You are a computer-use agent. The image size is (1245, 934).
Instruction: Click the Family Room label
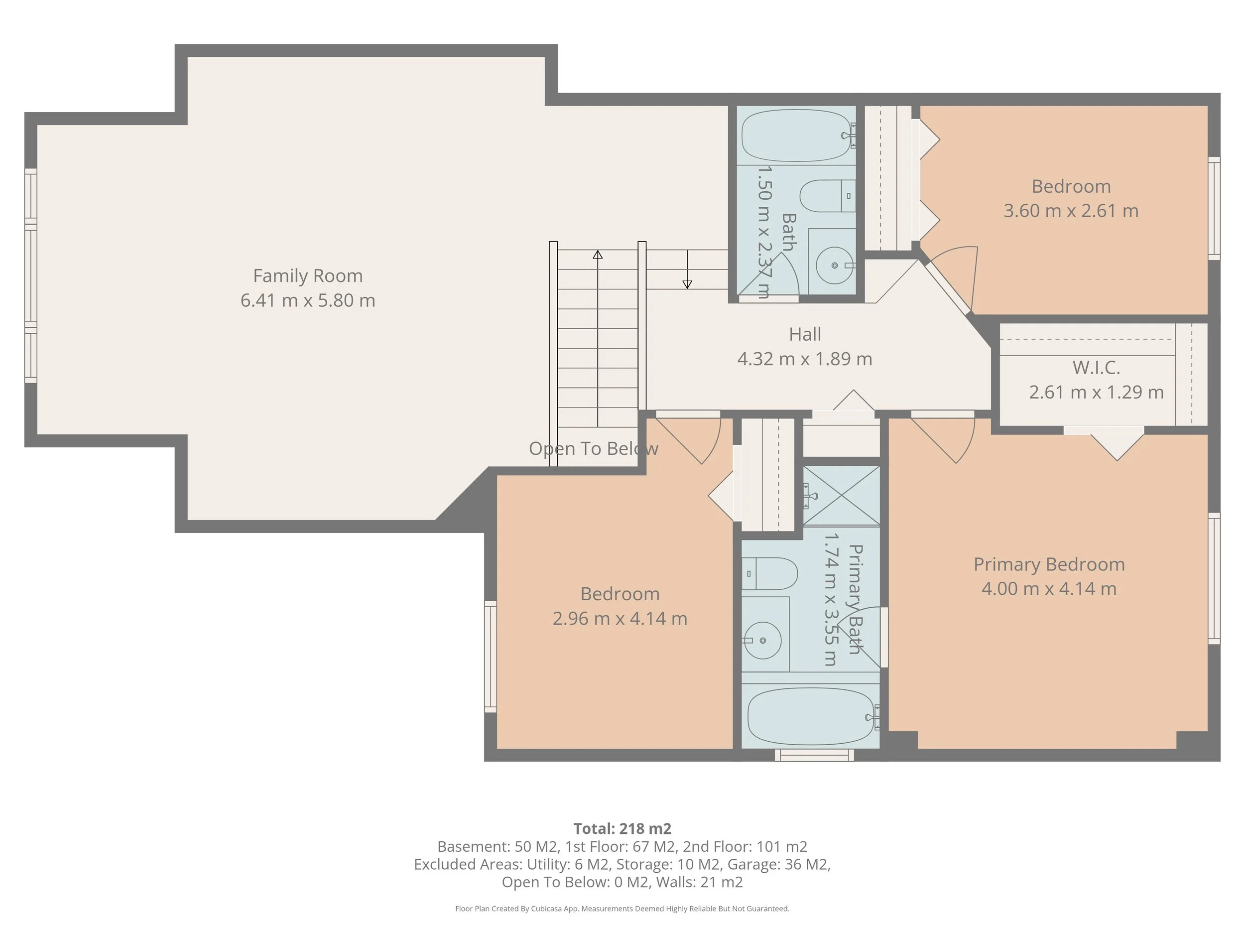[x=308, y=276]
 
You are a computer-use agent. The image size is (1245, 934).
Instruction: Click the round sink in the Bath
[x=834, y=265]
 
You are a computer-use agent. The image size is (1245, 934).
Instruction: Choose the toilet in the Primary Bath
[x=769, y=574]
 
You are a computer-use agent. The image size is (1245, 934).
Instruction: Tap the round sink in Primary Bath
[x=762, y=640]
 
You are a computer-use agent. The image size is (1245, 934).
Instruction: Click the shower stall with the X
[x=842, y=496]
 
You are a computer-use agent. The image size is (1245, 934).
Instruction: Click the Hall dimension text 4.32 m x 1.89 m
[x=805, y=359]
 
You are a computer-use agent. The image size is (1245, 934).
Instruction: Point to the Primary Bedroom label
[x=1049, y=564]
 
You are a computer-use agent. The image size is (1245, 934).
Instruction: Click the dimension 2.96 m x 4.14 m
[x=620, y=618]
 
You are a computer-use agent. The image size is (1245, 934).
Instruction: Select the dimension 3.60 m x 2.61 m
[x=1071, y=211]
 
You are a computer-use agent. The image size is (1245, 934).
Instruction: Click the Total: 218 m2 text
[x=622, y=829]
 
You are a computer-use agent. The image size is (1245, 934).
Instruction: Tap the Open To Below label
[x=593, y=449]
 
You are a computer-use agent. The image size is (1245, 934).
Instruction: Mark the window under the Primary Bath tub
[x=814, y=755]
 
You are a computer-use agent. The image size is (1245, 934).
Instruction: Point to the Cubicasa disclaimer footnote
[x=622, y=909]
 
